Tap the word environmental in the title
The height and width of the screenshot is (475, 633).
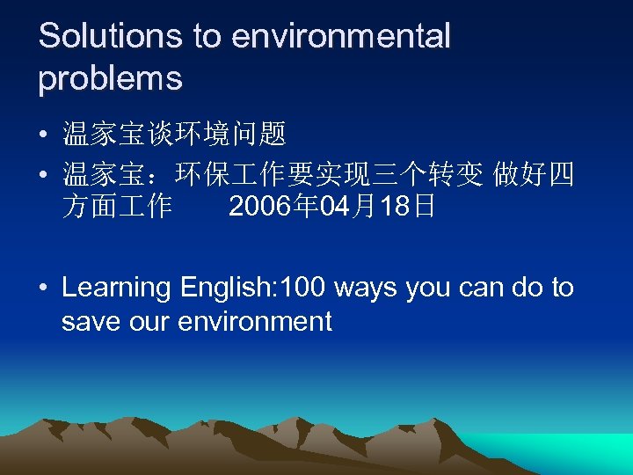tap(340, 36)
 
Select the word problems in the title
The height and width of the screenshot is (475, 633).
tap(110, 78)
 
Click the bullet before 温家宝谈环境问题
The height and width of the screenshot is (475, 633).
tap(43, 135)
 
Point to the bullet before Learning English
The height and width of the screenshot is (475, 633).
tap(43, 289)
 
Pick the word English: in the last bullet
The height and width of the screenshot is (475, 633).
tap(225, 288)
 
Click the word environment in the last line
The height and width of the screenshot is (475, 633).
tap(255, 321)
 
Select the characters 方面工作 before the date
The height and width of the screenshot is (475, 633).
tap(117, 208)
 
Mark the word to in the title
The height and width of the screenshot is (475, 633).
tap(207, 36)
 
